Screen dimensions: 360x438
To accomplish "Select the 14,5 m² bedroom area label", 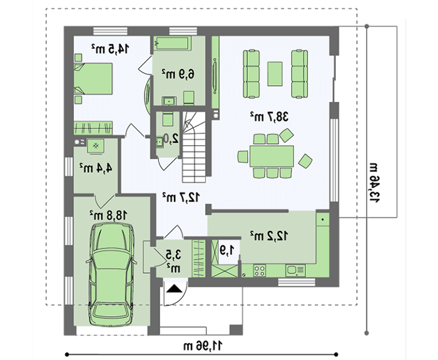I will (110, 48).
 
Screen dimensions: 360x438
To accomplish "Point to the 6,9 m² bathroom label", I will (177, 74).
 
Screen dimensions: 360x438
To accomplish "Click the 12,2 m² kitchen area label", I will (269, 235).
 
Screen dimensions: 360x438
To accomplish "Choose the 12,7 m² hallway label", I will (181, 197).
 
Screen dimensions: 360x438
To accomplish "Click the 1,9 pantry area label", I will (227, 250).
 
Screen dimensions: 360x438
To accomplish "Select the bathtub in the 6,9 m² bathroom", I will (171, 44).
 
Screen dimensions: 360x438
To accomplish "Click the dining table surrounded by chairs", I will (272, 155).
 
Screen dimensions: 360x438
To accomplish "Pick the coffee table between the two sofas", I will (275, 73).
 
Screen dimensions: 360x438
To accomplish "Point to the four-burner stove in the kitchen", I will (260, 270).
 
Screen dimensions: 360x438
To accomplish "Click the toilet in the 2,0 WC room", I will (168, 121).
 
